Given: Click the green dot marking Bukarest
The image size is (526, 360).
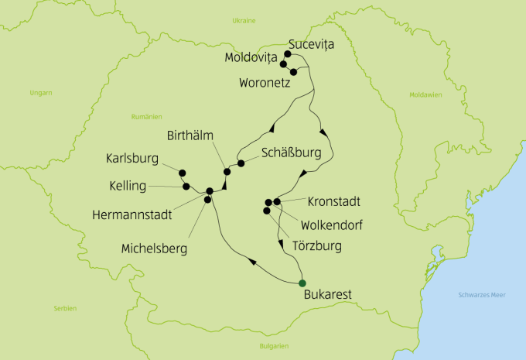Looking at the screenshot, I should click(302, 283).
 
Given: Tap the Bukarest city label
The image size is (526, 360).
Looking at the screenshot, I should click(329, 295).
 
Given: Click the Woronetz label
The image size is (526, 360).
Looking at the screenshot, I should click(264, 82).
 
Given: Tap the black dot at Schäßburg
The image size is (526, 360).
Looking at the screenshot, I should click(241, 163).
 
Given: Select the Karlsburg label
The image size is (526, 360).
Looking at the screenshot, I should click(132, 159).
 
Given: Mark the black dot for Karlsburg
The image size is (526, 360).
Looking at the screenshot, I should click(183, 173).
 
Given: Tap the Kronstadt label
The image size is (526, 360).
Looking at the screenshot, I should click(334, 201).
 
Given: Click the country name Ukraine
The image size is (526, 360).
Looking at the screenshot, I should click(244, 21).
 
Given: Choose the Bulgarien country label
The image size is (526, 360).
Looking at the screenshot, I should click(274, 345).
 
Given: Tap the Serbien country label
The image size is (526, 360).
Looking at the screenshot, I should click(66, 308).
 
